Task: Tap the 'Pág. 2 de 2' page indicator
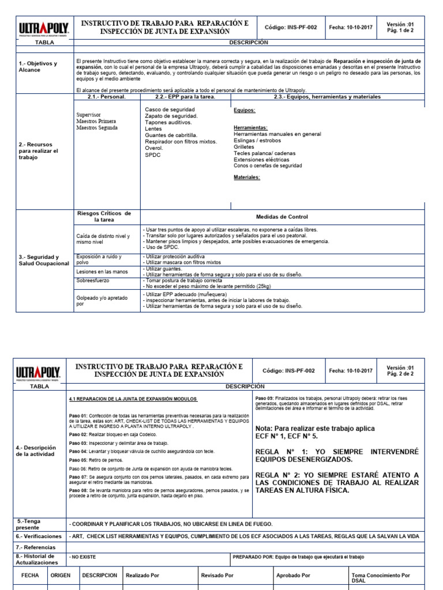[x=400, y=374]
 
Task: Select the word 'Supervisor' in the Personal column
[x=89, y=115]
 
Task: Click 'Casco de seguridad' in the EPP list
[x=170, y=109]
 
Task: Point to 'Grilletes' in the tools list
[x=245, y=146]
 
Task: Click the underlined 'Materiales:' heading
[x=247, y=177]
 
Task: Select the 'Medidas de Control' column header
[x=281, y=217]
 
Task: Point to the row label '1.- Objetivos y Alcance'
[x=38, y=66]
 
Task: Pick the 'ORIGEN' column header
[x=61, y=575]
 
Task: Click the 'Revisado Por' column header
[x=217, y=575]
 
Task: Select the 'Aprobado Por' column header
[x=293, y=575]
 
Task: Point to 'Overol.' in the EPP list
[x=154, y=148]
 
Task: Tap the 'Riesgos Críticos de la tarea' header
[x=104, y=217]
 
